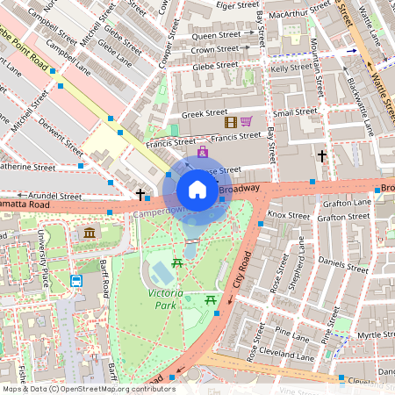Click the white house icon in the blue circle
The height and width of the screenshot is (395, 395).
pyautogui.click(x=197, y=190)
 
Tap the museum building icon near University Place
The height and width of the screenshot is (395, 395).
pyautogui.click(x=90, y=233)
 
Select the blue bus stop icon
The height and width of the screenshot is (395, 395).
pyautogui.click(x=76, y=282)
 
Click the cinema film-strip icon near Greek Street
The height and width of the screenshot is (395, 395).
pyautogui.click(x=231, y=122)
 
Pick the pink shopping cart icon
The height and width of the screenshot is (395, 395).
pyautogui.click(x=247, y=122)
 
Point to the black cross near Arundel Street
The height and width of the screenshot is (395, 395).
pyautogui.click(x=140, y=193)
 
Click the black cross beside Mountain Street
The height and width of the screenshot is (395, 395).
pyautogui.click(x=322, y=156)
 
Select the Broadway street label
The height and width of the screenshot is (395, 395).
pyautogui.click(x=239, y=189)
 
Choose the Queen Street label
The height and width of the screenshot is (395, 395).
pyautogui.click(x=216, y=35)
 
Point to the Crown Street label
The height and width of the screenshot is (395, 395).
pyautogui.click(x=216, y=50)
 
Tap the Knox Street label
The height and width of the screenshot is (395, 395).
pyautogui.click(x=288, y=215)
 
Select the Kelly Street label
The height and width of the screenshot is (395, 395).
pyautogui.click(x=292, y=68)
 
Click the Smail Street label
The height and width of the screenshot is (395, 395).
pyautogui.click(x=295, y=112)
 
